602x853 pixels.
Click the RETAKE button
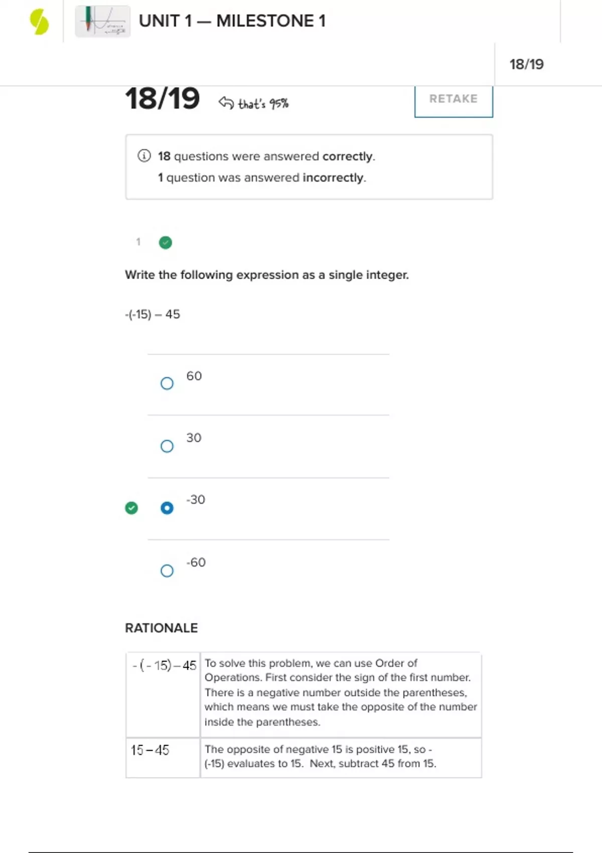[454, 99]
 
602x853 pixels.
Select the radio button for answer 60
[167, 383]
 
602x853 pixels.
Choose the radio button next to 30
[167, 446]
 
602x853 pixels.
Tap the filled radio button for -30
[167, 508]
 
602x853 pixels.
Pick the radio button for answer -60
[167, 571]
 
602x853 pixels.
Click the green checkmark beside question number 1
[166, 243]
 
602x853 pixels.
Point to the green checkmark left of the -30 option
[131, 508]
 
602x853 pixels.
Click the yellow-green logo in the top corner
[39, 22]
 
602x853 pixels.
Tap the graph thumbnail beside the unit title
[103, 22]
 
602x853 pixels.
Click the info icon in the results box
[144, 156]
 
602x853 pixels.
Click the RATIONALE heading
[162, 628]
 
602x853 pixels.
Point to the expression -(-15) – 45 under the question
[153, 315]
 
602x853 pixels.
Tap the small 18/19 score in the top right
[526, 64]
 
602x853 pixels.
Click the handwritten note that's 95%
[263, 104]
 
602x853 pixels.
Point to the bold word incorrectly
[333, 178]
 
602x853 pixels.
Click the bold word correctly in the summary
[348, 157]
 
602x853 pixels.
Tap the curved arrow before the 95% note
[226, 103]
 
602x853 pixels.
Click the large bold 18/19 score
[163, 98]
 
